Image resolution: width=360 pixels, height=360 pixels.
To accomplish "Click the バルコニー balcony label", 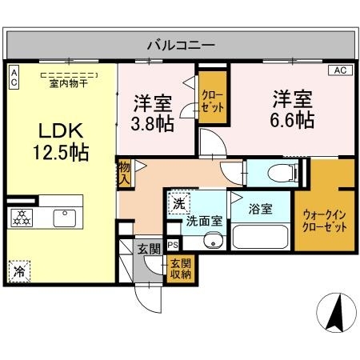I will (179, 45).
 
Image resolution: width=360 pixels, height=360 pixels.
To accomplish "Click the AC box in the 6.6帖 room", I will (338, 70).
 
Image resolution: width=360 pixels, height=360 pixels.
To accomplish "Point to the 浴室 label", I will (260, 210).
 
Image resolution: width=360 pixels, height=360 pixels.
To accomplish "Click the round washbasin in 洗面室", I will (212, 241).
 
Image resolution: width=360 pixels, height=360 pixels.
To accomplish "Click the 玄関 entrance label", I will (147, 247).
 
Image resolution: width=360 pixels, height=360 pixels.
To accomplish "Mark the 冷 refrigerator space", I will (18, 271).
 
